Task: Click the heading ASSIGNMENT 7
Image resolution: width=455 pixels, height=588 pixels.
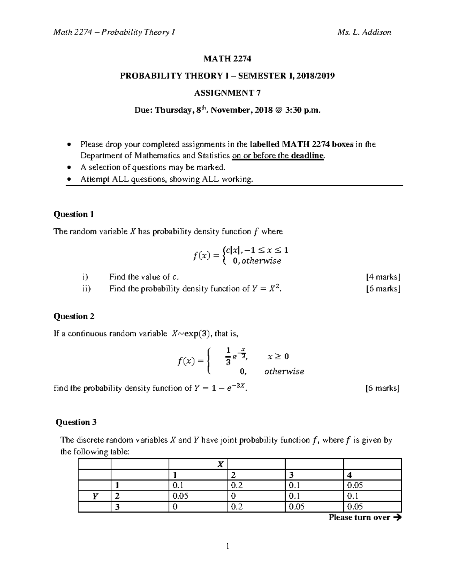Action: (x=227, y=93)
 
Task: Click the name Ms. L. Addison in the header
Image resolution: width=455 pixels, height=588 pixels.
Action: (x=364, y=32)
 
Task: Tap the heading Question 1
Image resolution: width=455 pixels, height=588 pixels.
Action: (x=74, y=214)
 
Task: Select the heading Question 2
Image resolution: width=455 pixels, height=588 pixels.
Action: (x=74, y=316)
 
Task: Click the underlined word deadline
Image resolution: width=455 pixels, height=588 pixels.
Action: (x=308, y=156)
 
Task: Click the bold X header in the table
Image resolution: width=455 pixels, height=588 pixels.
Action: (x=220, y=465)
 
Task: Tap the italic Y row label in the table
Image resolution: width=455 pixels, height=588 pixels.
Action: (x=95, y=496)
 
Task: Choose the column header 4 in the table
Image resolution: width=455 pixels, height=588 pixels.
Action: (x=349, y=475)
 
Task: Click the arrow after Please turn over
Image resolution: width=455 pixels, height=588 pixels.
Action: (x=397, y=518)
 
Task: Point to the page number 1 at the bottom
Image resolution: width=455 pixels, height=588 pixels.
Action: (x=227, y=546)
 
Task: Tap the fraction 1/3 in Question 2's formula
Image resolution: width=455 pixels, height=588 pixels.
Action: (x=228, y=356)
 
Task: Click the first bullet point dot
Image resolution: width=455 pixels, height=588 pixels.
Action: (x=69, y=144)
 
